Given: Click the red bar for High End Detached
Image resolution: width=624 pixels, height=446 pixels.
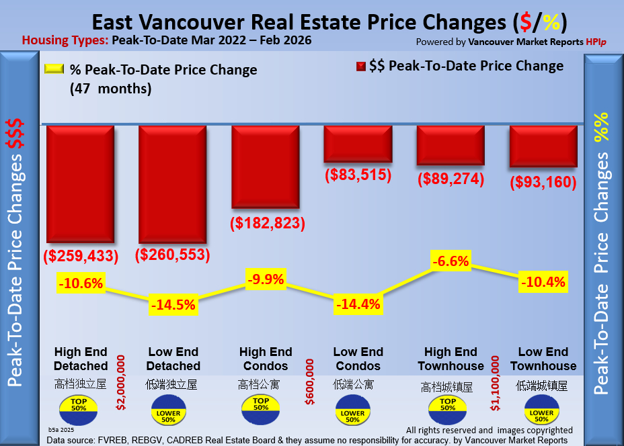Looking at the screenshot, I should (81, 183).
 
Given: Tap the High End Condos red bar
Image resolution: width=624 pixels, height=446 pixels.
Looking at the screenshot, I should (266, 166).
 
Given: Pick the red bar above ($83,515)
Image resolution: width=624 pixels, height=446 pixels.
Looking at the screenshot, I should (358, 143).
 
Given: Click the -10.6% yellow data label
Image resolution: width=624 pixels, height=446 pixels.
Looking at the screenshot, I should (81, 283).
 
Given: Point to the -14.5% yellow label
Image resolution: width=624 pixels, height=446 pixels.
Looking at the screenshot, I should (173, 304).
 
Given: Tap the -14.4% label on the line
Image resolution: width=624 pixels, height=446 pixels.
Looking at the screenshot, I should (358, 304).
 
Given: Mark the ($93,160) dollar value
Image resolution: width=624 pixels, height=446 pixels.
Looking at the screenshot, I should (543, 182).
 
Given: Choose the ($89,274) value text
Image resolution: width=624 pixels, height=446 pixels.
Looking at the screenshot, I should (451, 179).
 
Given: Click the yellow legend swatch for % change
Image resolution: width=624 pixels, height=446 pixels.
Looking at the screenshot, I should (54, 69).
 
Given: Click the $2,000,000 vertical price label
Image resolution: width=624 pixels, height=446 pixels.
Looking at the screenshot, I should (121, 382).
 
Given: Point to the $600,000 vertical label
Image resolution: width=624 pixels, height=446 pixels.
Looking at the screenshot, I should (310, 382).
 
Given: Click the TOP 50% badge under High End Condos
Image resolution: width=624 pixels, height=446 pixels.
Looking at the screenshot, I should (261, 407).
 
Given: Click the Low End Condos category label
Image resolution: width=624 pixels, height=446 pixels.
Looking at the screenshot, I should (358, 359).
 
